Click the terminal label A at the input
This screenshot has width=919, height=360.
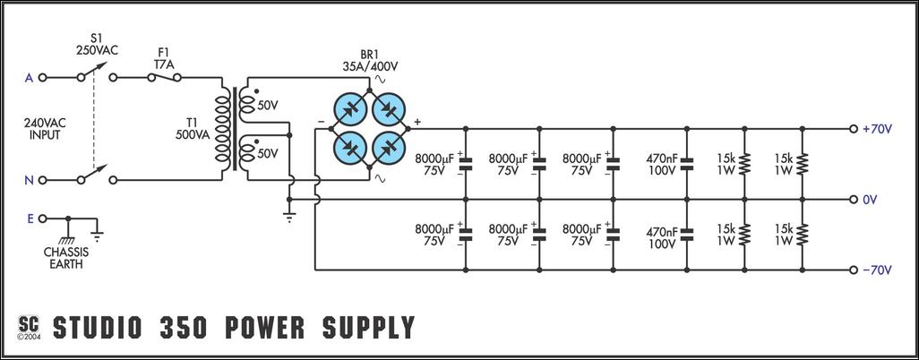point(29,78)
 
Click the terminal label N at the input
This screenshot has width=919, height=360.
point(29,180)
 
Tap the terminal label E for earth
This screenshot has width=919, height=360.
point(29,218)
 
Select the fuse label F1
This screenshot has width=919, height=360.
point(163,52)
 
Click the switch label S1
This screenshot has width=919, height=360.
point(96,39)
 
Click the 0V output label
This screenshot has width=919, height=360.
point(870,199)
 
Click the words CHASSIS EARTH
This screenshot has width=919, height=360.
point(66,257)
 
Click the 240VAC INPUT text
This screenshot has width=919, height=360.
point(44,129)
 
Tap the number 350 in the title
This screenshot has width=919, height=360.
point(178,328)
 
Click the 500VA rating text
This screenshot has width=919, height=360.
point(193,136)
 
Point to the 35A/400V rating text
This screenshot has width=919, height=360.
point(369,65)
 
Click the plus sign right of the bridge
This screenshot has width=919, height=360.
point(417,123)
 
